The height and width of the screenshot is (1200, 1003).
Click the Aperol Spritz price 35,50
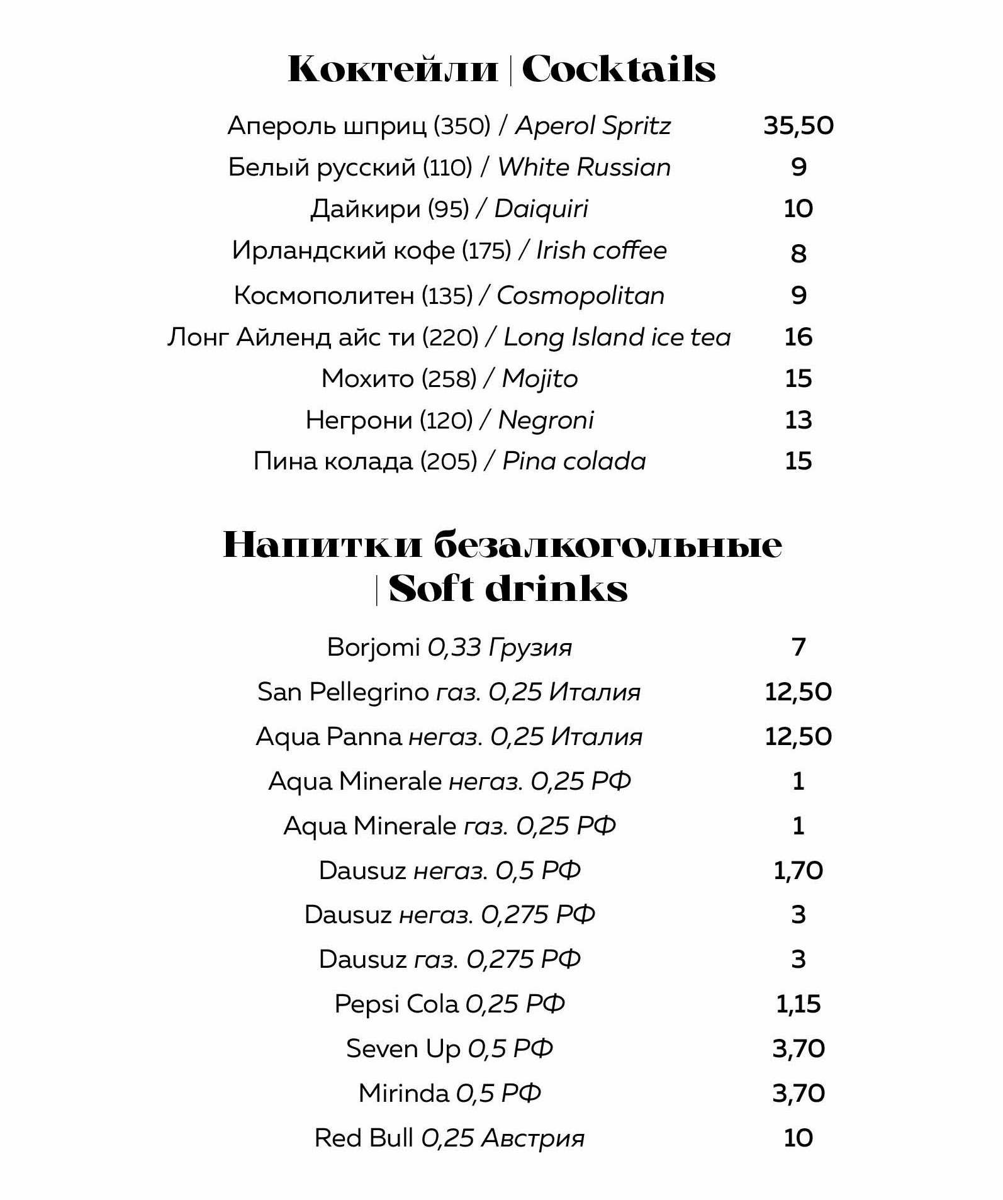[798, 126]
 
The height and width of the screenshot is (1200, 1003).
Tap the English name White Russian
[584, 167]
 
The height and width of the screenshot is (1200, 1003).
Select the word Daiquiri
[541, 209]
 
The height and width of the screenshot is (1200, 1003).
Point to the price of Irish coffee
[798, 253]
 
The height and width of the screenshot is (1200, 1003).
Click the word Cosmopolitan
[580, 296]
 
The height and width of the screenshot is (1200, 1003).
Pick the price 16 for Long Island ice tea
[798, 337]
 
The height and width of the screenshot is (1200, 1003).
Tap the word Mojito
[539, 379]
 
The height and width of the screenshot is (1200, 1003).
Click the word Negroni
[546, 420]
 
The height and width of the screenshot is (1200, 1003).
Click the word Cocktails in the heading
[619, 69]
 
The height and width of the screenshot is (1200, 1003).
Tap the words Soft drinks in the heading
[508, 590]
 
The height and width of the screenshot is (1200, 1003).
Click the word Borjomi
[373, 647]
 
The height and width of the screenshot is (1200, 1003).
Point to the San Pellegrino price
[798, 692]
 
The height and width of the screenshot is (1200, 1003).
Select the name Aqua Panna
[328, 737]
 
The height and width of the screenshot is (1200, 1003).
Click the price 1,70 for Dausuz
[798, 871]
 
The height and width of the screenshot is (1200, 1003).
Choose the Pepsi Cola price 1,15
[798, 1004]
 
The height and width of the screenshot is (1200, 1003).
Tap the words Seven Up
[403, 1049]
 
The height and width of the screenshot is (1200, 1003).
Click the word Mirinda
[403, 1094]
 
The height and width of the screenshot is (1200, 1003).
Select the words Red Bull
[364, 1138]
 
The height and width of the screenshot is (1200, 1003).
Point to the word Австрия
[532, 1138]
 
